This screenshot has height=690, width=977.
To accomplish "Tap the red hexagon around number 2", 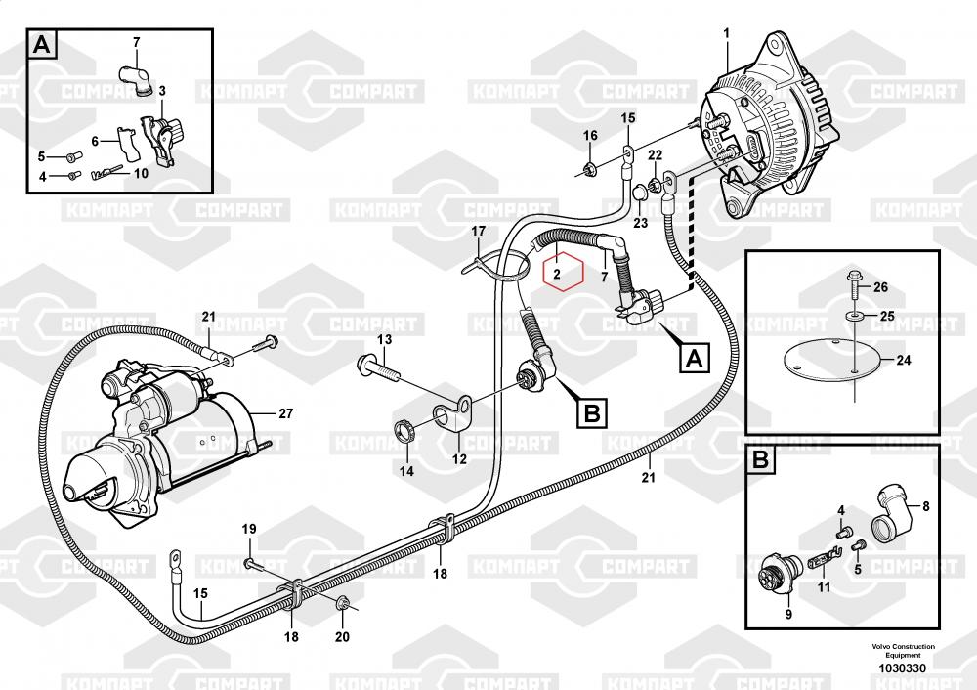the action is [564, 272].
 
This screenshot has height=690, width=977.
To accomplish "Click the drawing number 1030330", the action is [902, 668].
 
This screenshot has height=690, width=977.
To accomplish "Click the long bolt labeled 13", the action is [379, 369].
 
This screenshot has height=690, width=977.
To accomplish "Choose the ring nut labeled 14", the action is [405, 430].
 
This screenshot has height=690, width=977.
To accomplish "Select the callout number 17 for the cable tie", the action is [478, 232].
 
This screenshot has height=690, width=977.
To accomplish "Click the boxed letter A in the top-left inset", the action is [42, 45].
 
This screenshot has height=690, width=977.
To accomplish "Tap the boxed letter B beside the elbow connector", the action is [591, 413].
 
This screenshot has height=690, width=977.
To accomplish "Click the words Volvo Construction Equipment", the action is [903, 651].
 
